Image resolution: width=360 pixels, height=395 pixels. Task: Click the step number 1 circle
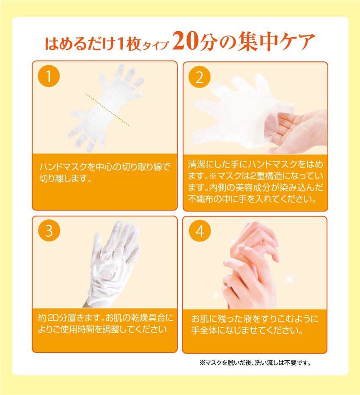coord(49,77)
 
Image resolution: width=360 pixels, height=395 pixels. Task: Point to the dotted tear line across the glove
coord(107,109)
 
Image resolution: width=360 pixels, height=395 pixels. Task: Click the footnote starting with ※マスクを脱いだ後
coord(255,362)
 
